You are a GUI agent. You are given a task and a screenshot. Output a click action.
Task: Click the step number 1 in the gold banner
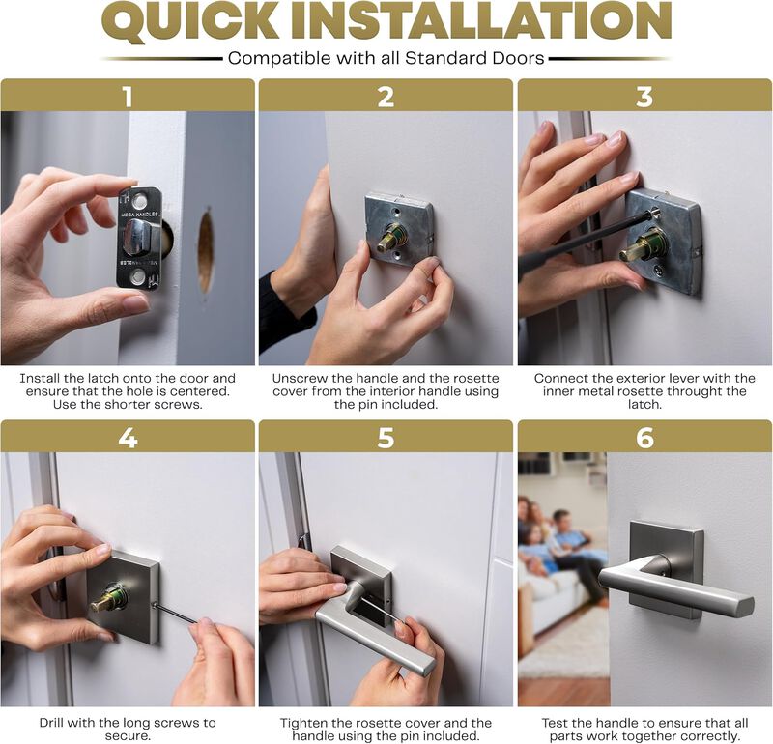click(127, 96)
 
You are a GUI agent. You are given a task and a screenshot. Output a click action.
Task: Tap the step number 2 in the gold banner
click(386, 96)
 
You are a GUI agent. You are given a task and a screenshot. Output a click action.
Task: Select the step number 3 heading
click(644, 96)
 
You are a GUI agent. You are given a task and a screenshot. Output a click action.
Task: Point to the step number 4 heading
click(127, 437)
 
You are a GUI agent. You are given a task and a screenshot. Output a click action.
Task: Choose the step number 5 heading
click(386, 437)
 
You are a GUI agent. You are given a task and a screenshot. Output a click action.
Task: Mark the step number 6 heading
click(644, 437)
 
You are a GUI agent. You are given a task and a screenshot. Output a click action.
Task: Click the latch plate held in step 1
click(140, 238)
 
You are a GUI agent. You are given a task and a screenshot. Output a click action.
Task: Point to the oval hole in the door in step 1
click(206, 252)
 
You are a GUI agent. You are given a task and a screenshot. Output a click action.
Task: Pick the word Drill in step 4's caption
click(55, 723)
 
